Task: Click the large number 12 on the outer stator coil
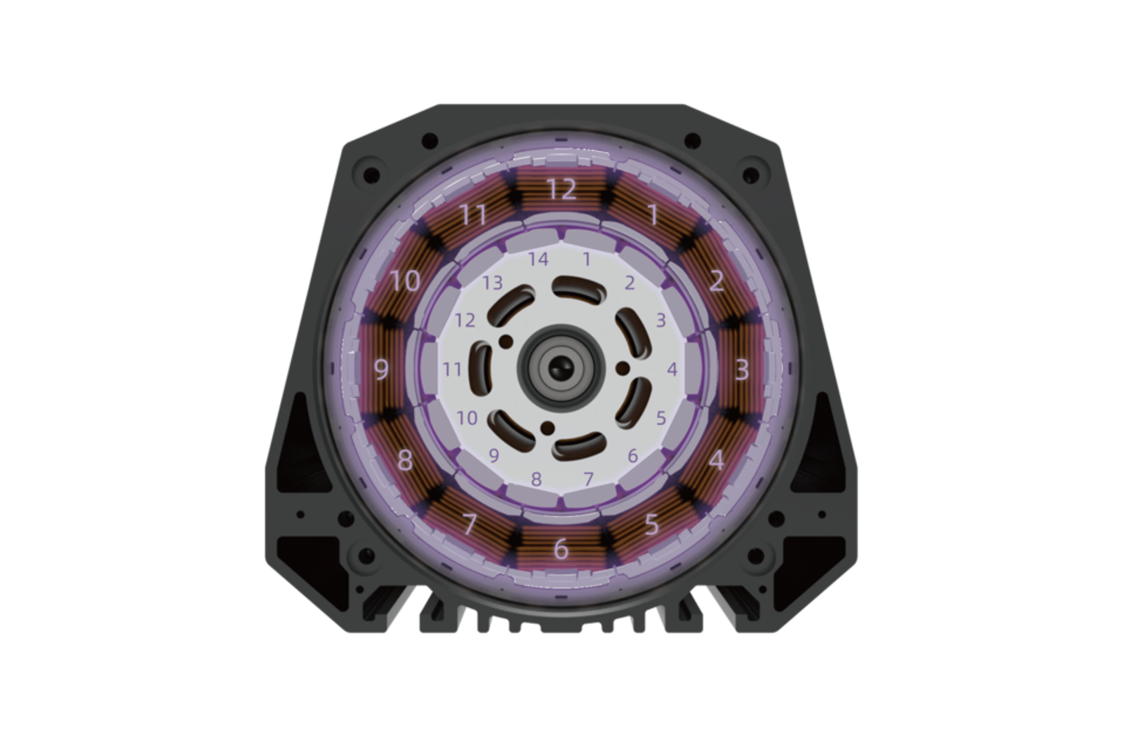coord(561,189)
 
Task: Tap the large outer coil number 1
coord(653,215)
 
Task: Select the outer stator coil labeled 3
coord(742,370)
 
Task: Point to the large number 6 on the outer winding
coord(561,549)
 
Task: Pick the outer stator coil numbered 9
coord(381,370)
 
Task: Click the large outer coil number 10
coord(405,281)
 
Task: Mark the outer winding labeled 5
coord(651,524)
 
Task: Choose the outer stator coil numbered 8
coord(405,460)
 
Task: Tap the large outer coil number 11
coord(473,215)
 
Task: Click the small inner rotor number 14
coord(538,259)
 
